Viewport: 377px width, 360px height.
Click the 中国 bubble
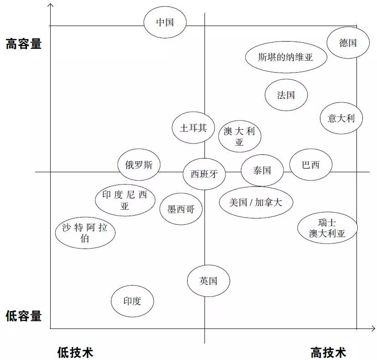(165, 22)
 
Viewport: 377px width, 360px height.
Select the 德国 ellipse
(348, 43)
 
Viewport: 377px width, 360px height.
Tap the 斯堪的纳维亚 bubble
(286, 57)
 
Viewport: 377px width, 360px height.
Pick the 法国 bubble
(286, 95)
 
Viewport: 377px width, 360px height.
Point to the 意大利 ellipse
(341, 118)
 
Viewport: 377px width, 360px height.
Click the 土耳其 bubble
(194, 128)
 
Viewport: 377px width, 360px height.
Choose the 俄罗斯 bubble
(139, 165)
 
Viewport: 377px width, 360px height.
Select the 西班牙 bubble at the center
(204, 174)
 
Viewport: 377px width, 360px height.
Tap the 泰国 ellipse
(262, 170)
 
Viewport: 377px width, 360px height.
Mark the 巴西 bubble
(311, 165)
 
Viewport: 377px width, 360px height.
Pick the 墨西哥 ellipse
(181, 209)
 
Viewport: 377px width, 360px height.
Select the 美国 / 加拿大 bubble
(256, 202)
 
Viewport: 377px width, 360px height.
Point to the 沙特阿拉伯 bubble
(85, 233)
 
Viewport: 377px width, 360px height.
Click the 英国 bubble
(209, 281)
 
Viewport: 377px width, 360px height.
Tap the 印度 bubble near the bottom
(132, 301)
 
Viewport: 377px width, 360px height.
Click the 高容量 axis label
(24, 44)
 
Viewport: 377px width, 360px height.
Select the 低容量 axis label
(24, 316)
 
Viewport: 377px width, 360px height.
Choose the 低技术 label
(75, 352)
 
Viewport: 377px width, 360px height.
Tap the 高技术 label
(329, 352)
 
